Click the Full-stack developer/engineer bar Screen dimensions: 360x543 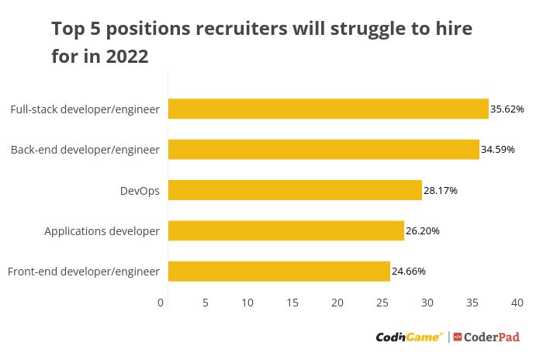[328, 109]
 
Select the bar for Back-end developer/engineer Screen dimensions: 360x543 [323, 149]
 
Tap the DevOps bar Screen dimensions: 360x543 [295, 190]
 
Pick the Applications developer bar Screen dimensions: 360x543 [286, 230]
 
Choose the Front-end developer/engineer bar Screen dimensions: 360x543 [279, 271]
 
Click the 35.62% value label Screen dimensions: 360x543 [507, 109]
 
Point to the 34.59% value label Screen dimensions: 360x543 [498, 150]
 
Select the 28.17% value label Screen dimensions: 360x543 [441, 190]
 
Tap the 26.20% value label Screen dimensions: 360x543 [423, 231]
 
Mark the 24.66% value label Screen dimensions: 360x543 [409, 272]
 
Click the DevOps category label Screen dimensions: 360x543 [140, 190]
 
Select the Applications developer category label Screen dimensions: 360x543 [102, 231]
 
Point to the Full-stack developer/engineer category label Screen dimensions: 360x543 [85, 109]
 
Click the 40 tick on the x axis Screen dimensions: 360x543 [517, 303]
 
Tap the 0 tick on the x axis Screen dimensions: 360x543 [161, 303]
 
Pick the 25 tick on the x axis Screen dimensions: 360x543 [382, 303]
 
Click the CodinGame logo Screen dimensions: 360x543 [410, 337]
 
